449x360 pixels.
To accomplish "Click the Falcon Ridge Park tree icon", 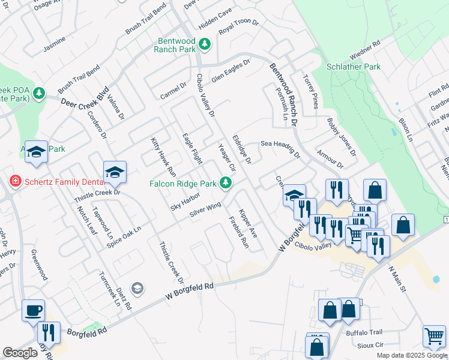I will point(226,183).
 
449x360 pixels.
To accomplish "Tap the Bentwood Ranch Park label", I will point(175,45).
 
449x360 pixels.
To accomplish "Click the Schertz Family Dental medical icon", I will point(14,181).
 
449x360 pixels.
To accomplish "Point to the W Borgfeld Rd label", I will point(189,292).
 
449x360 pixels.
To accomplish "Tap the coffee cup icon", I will point(34,310).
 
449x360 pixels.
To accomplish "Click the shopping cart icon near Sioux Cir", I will point(434,336).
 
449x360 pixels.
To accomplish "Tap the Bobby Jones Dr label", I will point(342,137).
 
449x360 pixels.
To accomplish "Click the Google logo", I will point(20,353).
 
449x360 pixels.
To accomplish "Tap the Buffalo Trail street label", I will point(364,332).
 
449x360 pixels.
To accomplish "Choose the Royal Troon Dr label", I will point(238,26).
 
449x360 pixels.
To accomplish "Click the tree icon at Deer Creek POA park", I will point(39,93).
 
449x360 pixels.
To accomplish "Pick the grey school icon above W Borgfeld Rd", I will point(137,289).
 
